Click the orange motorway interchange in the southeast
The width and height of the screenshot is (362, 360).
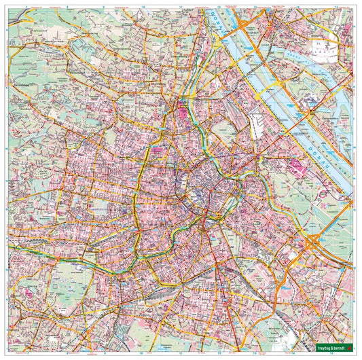pyautogui.click(x=313, y=242)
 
